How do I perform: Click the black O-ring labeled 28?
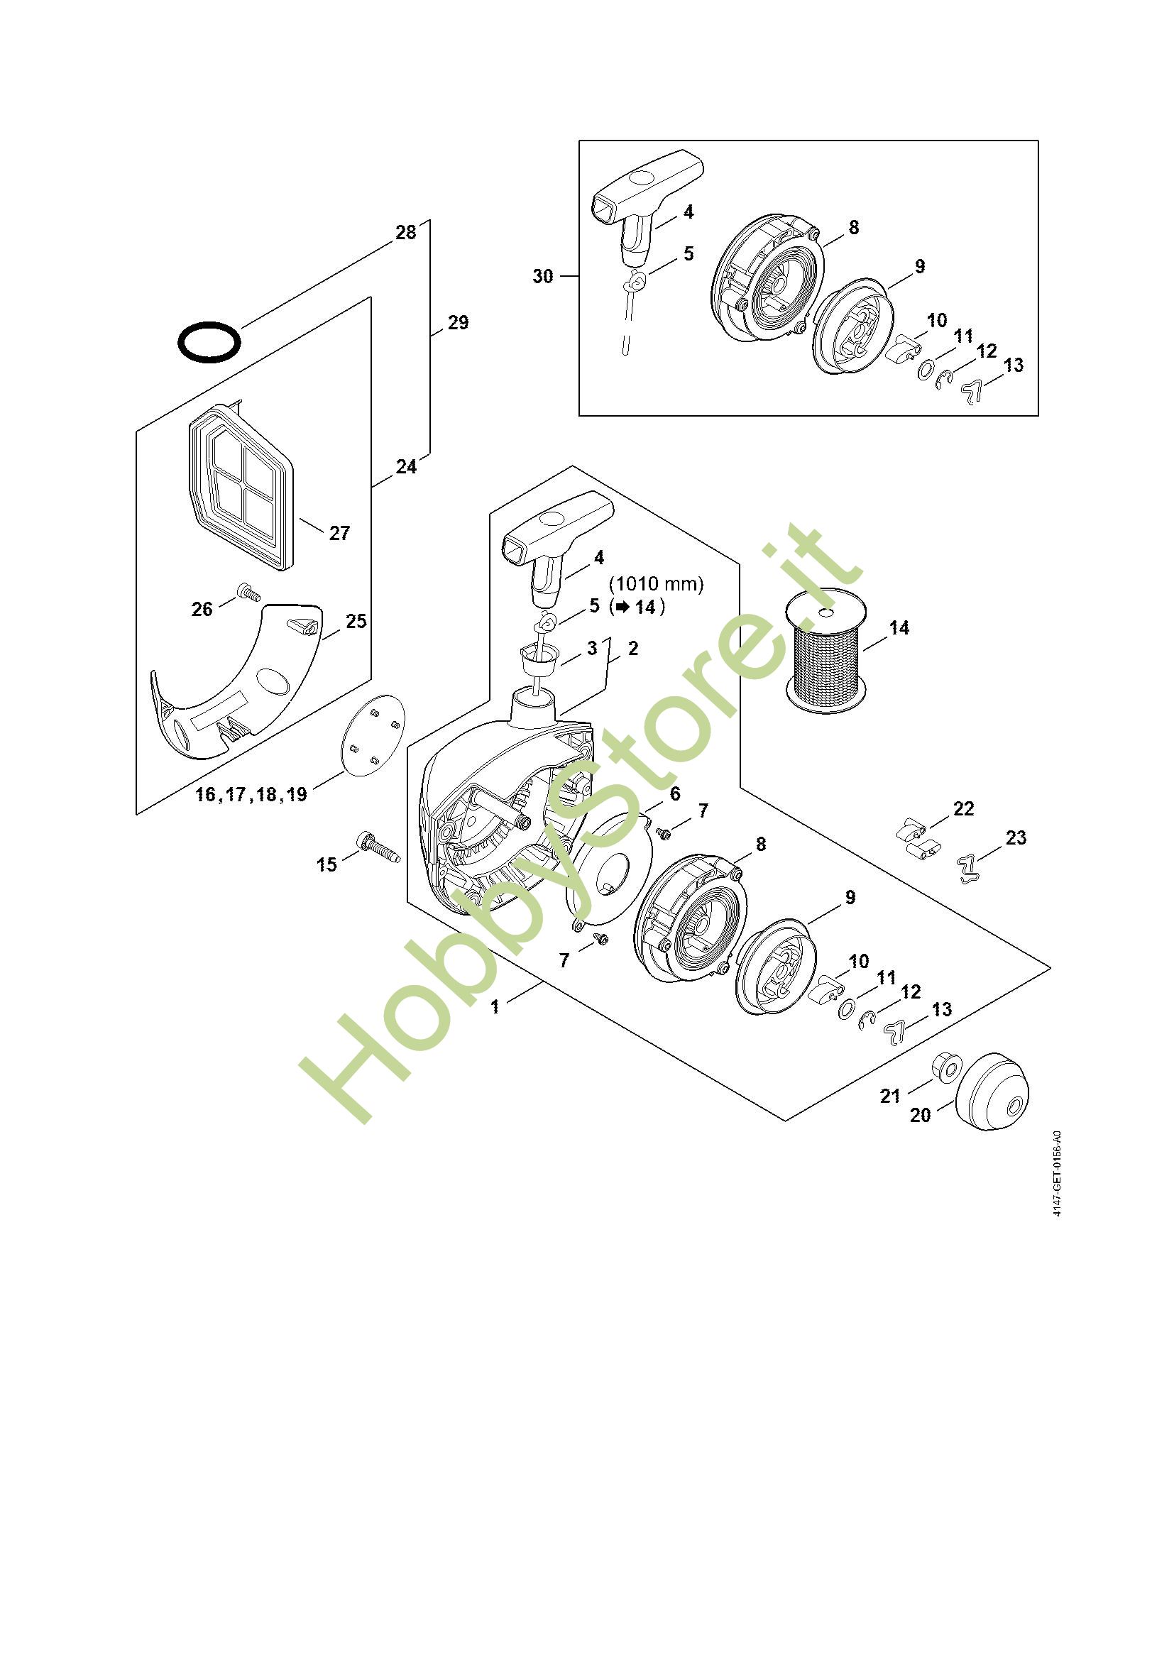click(x=209, y=341)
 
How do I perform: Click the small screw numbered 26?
click(x=248, y=593)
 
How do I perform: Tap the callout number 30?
click(x=543, y=276)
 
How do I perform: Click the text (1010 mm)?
click(x=656, y=583)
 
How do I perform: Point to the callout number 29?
click(x=459, y=322)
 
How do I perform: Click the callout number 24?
click(x=406, y=467)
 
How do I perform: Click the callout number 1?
click(x=495, y=1007)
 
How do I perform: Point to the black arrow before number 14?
click(x=621, y=607)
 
